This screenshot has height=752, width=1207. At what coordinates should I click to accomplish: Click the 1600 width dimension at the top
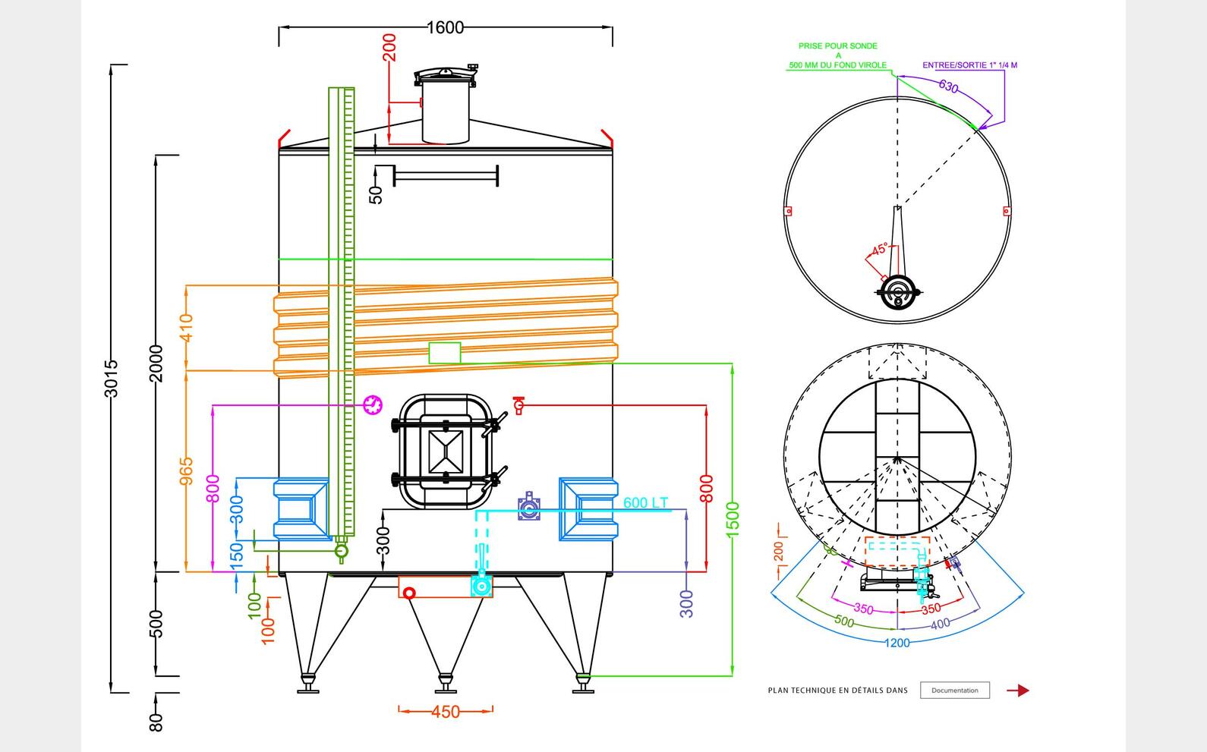pos(445,27)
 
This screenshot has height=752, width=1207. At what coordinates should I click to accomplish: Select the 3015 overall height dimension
pos(111,378)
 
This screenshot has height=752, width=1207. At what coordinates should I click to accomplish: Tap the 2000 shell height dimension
pos(156,363)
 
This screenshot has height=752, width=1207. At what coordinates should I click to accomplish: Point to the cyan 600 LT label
pos(645,502)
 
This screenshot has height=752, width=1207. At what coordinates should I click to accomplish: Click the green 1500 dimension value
pos(733,519)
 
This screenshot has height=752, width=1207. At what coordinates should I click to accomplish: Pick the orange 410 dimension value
pos(187,328)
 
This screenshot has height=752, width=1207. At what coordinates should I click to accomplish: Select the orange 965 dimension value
pos(187,470)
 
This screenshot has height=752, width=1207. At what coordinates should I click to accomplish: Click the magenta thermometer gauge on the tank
pos(373,404)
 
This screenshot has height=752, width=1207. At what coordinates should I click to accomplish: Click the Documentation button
pos(954,691)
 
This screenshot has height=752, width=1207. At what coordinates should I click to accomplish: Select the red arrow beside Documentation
pos(1018,691)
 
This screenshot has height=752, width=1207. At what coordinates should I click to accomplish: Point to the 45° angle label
pos(880,249)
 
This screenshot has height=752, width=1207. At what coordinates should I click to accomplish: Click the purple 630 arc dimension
pos(948,86)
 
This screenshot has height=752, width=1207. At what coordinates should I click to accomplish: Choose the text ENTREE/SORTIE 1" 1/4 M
pos(969,65)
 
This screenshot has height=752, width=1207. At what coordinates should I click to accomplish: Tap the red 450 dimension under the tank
pos(446,712)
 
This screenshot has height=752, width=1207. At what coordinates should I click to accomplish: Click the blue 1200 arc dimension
pos(897,643)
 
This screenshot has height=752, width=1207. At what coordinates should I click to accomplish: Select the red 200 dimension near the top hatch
pos(389,47)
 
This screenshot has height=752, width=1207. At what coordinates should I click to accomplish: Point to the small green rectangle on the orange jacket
pos(445,353)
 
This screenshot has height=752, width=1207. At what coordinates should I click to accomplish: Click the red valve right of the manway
pos(518,404)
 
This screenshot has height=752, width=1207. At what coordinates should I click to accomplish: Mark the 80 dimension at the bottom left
pos(156,722)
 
